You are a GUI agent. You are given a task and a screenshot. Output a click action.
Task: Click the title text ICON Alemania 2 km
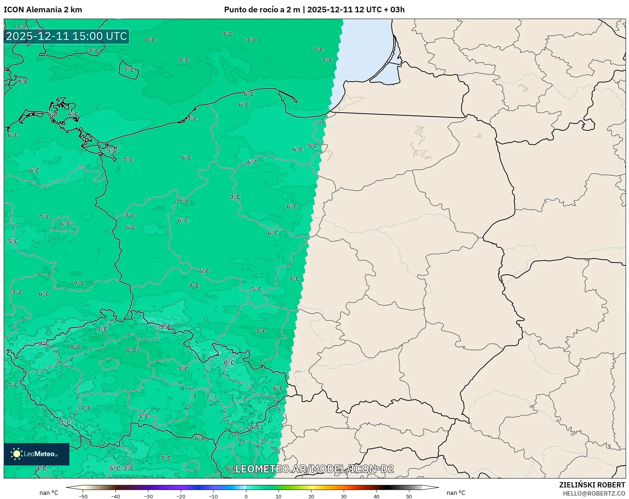coord(43,10)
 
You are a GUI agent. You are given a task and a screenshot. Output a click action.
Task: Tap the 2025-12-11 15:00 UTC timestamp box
coord(66,36)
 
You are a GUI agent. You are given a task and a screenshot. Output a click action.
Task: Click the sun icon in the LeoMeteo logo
coord(16,454)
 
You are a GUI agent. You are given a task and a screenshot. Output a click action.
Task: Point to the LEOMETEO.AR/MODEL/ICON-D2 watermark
coord(314,469)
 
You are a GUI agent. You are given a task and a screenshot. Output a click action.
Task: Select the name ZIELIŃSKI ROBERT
coord(592,485)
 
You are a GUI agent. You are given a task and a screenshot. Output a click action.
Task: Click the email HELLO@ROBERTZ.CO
coord(594,493)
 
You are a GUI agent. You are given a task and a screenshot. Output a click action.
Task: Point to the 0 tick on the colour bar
coord(246,496)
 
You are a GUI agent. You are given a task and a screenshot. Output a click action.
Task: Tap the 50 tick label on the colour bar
coord(409,496)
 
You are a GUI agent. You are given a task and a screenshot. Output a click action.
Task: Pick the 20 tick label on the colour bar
coord(311,496)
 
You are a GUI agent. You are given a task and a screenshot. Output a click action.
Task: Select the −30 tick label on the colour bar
coord(148,496)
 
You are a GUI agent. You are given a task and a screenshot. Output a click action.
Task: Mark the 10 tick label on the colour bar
coord(279,496)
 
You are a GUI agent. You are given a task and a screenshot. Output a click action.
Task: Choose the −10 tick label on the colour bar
coord(213,496)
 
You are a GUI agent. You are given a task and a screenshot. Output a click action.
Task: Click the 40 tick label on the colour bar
coord(377,496)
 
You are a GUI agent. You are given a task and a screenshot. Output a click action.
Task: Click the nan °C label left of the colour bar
coord(49,493)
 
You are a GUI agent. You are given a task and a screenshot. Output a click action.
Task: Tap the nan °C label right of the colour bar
coord(456,493)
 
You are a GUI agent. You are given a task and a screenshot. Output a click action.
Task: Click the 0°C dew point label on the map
coord(229,363)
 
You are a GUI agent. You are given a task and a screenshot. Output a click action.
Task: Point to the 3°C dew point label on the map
coord(65,423)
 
